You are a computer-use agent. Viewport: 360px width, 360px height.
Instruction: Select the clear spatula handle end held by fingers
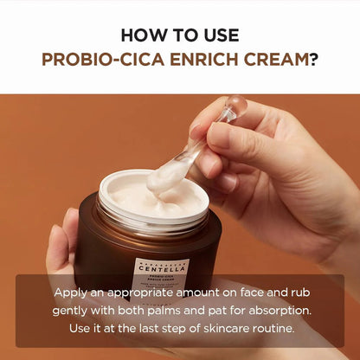click(x=233, y=110)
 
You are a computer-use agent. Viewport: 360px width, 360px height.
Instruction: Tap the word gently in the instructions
click(x=78, y=311)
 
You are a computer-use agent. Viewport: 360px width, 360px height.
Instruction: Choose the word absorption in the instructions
click(x=275, y=311)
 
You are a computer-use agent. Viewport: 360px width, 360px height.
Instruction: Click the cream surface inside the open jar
click(x=138, y=199)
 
